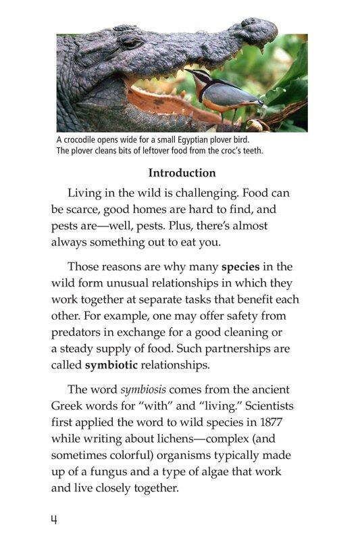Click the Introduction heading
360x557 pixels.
pyautogui.click(x=182, y=173)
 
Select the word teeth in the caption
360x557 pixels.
pyautogui.click(x=250, y=150)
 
